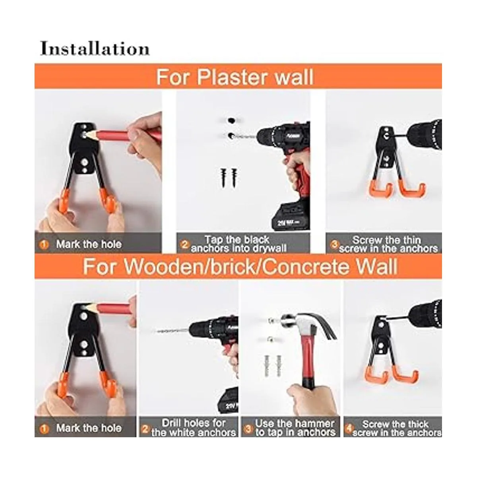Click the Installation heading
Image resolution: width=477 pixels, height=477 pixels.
click(95, 48)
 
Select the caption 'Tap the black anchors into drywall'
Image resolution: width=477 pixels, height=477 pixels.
click(238, 244)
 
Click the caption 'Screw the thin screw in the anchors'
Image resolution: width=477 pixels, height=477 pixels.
click(388, 244)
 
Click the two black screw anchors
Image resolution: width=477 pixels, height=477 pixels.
click(229, 178)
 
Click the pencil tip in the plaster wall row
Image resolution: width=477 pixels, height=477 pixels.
click(85, 135)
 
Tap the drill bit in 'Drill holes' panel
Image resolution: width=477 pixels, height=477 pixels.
click(171, 331)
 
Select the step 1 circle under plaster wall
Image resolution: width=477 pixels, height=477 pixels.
click(44, 244)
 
